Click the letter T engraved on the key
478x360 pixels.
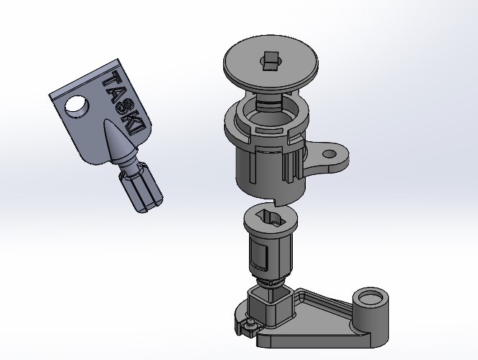pos(111,79)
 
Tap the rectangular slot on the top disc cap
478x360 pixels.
pos(271,61)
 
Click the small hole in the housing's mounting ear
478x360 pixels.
pos(329,154)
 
